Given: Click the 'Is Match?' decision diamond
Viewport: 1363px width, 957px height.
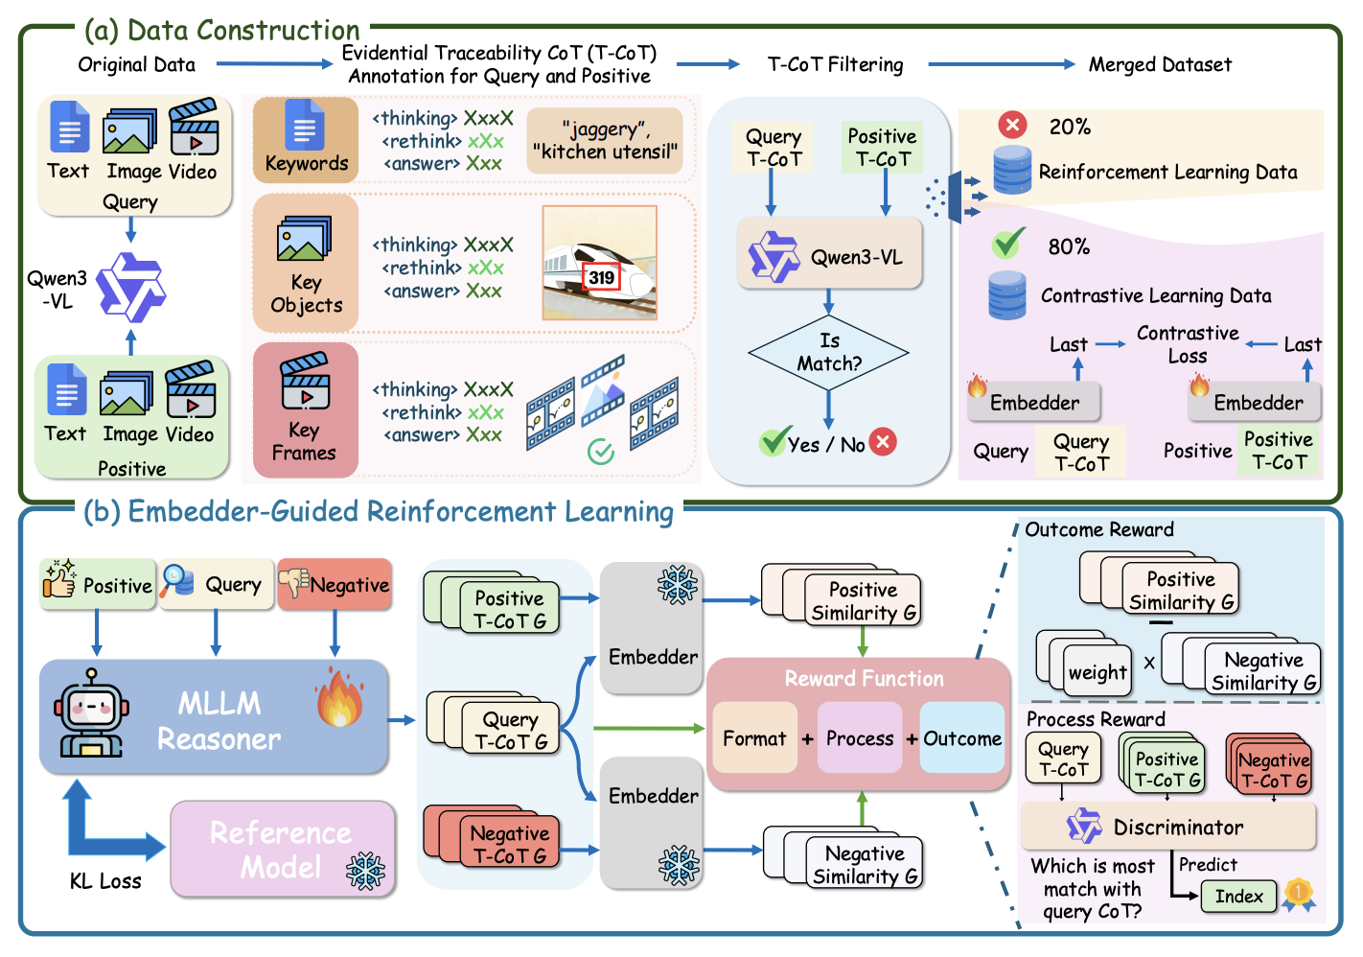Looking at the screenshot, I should pos(828,353).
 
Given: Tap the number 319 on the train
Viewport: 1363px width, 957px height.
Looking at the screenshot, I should pos(602,277).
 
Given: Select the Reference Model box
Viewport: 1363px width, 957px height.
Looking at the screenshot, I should pos(283,850).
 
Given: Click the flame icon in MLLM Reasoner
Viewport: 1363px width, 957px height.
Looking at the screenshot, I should pos(339,698).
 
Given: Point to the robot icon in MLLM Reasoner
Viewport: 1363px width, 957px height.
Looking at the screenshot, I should pos(89,713).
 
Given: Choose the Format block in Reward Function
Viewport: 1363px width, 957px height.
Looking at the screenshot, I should pos(754,738).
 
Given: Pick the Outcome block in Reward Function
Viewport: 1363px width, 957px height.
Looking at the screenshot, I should pos(962,738).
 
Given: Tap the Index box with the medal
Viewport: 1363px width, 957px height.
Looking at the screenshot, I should pos(1238,897).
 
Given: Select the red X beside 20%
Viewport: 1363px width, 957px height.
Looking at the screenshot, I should pos(1012,125).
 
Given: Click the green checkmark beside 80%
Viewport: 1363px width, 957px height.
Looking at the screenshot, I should pos(1008,244).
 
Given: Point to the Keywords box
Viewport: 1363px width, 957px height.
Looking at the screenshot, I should pos(306,140).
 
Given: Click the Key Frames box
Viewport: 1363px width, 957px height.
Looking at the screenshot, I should pos(305,410).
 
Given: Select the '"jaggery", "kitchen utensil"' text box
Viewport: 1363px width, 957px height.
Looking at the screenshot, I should pos(605,140).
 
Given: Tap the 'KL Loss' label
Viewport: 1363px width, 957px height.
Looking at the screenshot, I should pos(105,881).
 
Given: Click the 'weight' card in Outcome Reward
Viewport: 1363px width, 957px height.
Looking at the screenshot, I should pos(1097,672).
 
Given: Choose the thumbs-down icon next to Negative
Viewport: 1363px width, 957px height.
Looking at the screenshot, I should pos(293,581).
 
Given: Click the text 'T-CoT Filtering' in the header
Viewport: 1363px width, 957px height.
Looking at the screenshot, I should pos(835,64).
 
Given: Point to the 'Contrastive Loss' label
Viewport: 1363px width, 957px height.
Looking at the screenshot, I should pos(1188,344).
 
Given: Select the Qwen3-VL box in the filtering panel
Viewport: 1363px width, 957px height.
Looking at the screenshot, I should pos(829,254).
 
